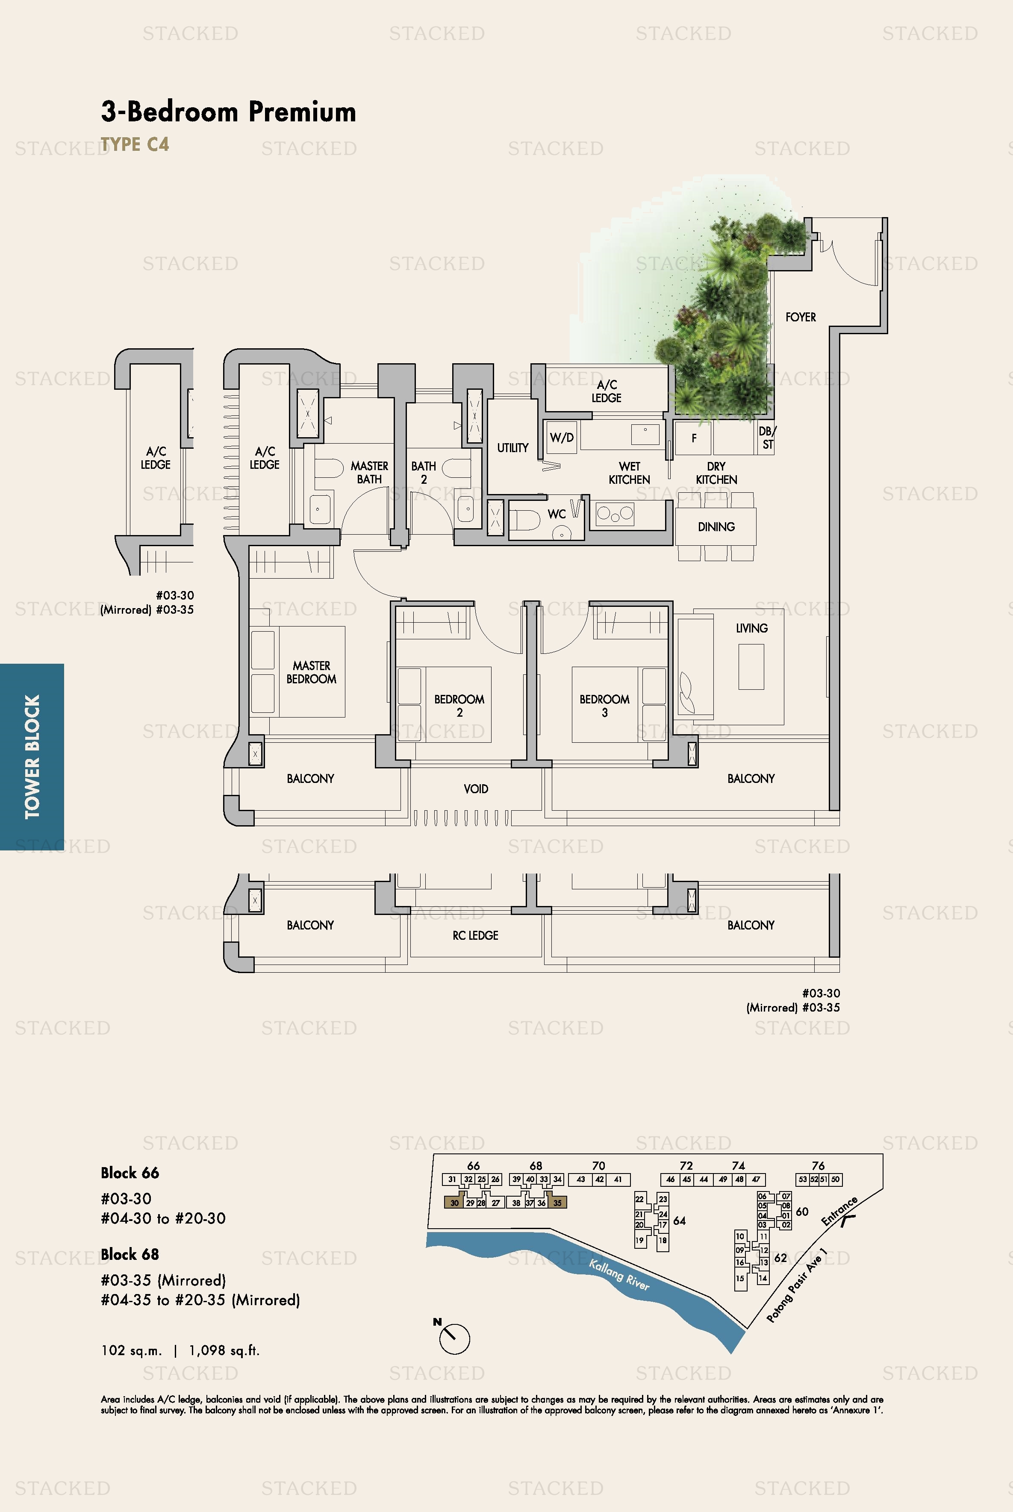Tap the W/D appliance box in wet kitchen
561,437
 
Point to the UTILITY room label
512,447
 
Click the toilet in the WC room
524,518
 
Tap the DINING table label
716,527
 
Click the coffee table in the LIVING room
751,667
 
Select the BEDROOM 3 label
604,705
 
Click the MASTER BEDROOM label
312,672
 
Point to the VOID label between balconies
475,788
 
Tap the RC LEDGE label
475,935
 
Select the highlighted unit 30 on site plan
454,1203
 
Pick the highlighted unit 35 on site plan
557,1203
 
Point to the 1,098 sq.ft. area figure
224,1350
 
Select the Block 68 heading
130,1254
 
